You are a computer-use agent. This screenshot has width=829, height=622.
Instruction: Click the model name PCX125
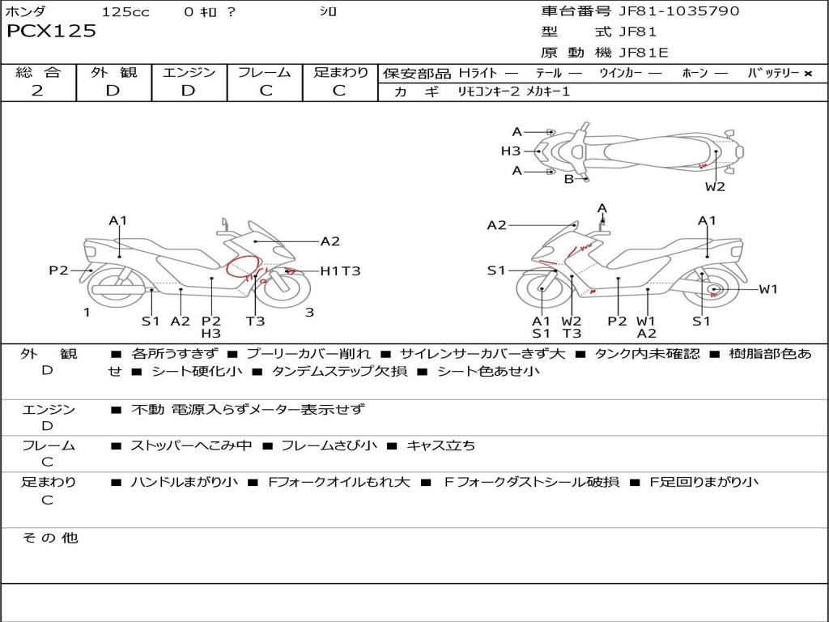[51, 32]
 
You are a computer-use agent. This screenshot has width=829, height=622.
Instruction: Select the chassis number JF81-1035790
[679, 11]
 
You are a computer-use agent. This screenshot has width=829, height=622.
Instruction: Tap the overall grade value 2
[37, 91]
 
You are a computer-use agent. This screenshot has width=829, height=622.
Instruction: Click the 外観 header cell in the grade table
[113, 72]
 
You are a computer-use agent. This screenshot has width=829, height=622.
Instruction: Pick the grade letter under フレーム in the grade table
[266, 91]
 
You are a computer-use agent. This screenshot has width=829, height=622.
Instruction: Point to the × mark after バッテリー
[808, 74]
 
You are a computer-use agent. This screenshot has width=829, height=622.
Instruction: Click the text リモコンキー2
[489, 92]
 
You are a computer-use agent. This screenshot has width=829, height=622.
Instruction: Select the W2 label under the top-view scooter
[715, 187]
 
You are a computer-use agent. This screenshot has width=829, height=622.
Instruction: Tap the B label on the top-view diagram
[569, 179]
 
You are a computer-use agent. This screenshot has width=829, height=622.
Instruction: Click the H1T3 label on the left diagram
[341, 271]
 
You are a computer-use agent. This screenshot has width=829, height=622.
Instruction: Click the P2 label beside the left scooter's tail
[58, 271]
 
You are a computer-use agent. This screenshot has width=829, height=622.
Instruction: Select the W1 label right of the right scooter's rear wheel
[768, 289]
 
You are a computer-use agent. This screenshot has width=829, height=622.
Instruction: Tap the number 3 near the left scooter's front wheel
[310, 313]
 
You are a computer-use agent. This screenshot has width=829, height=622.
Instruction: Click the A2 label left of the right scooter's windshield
[497, 226]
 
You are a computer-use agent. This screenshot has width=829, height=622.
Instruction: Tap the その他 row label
[50, 538]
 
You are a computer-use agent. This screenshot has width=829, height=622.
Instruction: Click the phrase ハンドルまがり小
[184, 482]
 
